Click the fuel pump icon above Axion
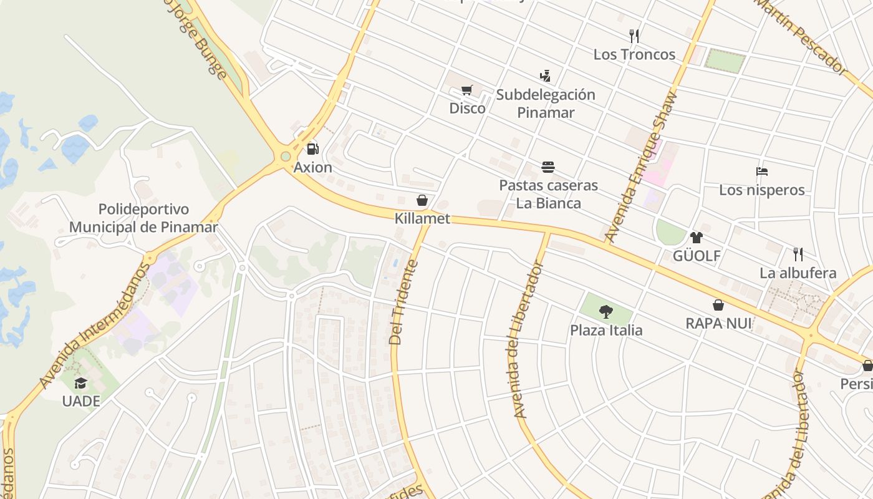(313, 149)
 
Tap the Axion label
(313, 168)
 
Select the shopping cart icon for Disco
(467, 90)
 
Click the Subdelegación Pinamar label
(546, 104)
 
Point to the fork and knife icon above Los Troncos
(634, 36)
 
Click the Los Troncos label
(634, 54)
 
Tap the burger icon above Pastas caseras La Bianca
(548, 167)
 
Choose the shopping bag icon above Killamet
(422, 200)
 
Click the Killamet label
(422, 219)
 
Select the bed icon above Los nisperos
(761, 172)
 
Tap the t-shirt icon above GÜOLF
(697, 238)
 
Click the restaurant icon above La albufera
(798, 254)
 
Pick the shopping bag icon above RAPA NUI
(718, 305)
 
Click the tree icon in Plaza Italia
(605, 311)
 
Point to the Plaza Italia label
(606, 330)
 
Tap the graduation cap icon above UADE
(80, 382)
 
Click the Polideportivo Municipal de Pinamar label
(143, 218)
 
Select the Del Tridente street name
(403, 302)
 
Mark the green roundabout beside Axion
(286, 156)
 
